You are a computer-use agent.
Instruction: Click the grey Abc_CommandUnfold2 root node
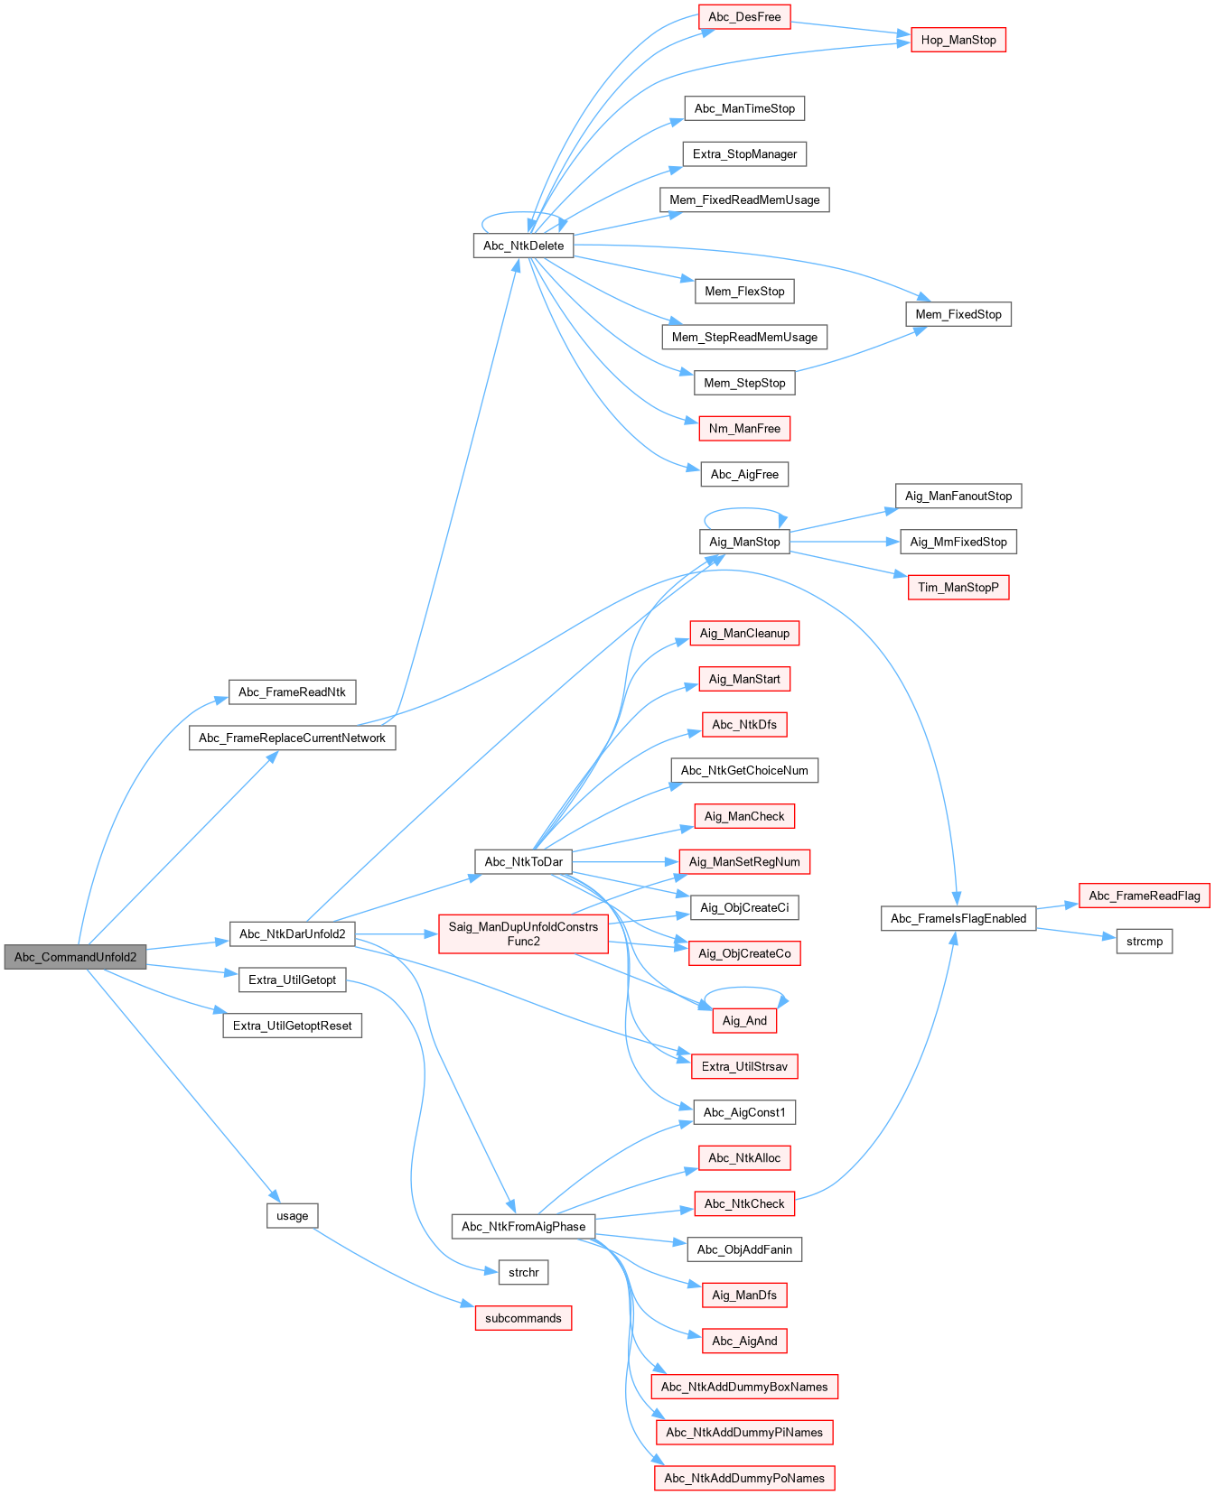coord(75,957)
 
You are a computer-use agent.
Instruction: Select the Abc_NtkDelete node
coord(523,246)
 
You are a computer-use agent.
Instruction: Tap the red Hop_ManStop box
coord(958,40)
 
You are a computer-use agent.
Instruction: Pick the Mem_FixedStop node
coord(958,314)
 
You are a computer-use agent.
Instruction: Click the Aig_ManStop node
coord(744,542)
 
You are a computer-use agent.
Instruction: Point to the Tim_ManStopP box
coord(958,588)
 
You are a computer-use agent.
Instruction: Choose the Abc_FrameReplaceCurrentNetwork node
coord(292,738)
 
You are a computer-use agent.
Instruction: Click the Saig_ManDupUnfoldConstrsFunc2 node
coord(523,933)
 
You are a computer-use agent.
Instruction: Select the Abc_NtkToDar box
coord(523,861)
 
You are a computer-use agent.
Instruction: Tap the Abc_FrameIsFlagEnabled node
coord(958,918)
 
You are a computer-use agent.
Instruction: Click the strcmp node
coord(1145,942)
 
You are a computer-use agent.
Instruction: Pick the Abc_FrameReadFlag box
coord(1145,896)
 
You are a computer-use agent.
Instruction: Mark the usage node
coord(292,1216)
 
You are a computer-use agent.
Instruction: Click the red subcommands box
coord(523,1318)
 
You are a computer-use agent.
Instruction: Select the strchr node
coord(523,1273)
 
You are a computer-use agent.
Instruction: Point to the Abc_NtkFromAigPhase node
coord(523,1226)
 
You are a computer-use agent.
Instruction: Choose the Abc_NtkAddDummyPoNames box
coord(744,1478)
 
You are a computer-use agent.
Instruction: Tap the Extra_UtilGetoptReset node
coord(292,1026)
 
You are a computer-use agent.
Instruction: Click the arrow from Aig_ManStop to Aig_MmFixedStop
coord(845,542)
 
